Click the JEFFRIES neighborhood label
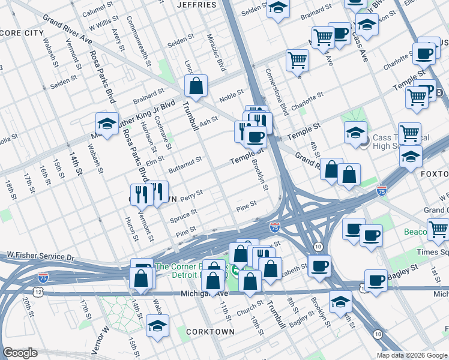tap(196, 5)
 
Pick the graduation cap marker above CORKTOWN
tap(157, 326)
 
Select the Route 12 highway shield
tap(38, 292)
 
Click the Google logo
tap(20, 353)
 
